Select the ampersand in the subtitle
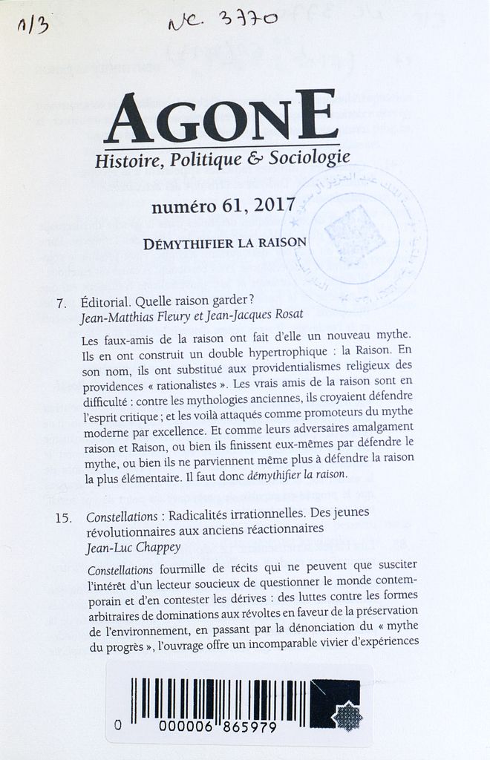coord(255,158)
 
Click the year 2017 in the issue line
coord(275,206)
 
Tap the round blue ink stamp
coord(356,236)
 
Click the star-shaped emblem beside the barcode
coord(346,716)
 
